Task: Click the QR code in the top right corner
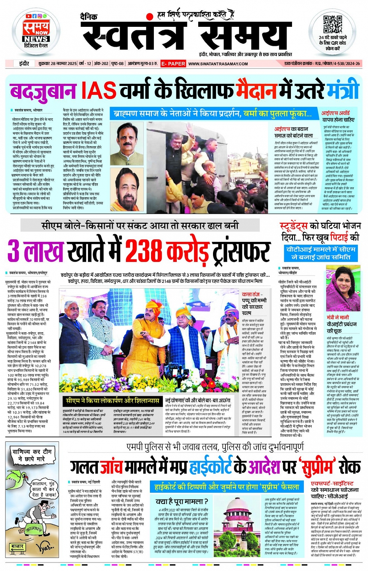pos(332,25)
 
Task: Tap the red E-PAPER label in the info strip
pos(173,63)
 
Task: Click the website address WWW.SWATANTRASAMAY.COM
pos(218,64)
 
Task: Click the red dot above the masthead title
pos(149,16)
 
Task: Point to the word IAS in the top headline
pos(99,90)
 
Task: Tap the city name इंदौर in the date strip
pos(24,63)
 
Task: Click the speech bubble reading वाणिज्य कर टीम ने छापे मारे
pos(32,455)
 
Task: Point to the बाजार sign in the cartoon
pos(18,546)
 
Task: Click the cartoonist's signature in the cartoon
pos(46,548)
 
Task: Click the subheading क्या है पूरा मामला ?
pos(182,501)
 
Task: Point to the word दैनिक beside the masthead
pos(88,17)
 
